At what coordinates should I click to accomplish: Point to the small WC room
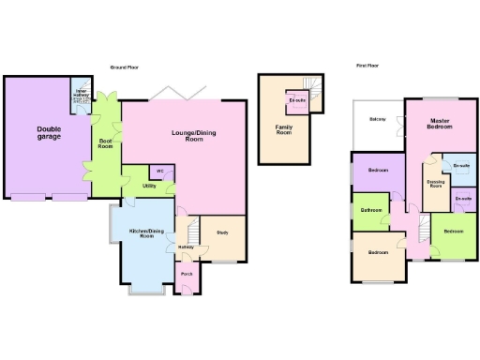159,172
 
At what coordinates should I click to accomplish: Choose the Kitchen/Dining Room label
146,232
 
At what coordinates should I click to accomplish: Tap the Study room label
222,232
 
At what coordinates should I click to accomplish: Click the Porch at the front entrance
187,275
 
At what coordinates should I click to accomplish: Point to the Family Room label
283,128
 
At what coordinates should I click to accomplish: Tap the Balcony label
378,119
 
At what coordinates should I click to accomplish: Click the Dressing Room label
435,183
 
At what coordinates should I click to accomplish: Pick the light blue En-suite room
460,166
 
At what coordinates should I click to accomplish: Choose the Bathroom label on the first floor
370,210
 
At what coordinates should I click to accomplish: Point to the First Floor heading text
368,66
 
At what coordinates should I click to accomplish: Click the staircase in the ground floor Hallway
194,231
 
